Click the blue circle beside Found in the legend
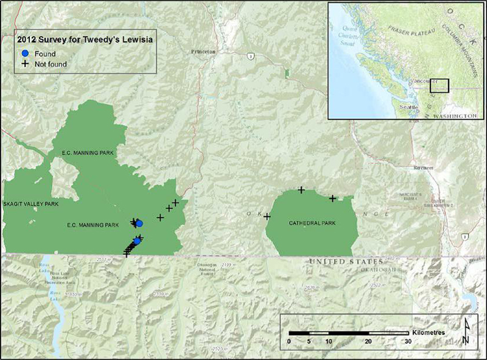pyautogui.click(x=26, y=54)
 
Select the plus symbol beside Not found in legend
pyautogui.click(x=26, y=64)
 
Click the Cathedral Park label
pyautogui.click(x=313, y=222)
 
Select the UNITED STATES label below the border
pyautogui.click(x=339, y=262)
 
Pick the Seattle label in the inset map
pyautogui.click(x=408, y=107)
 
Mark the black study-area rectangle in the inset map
pyautogui.click(x=439, y=85)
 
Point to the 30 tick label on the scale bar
pyautogui.click(x=408, y=341)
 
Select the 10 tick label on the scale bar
pyautogui.click(x=329, y=341)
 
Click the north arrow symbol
pyautogui.click(x=465, y=332)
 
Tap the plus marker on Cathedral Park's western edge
pyautogui.click(x=267, y=216)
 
